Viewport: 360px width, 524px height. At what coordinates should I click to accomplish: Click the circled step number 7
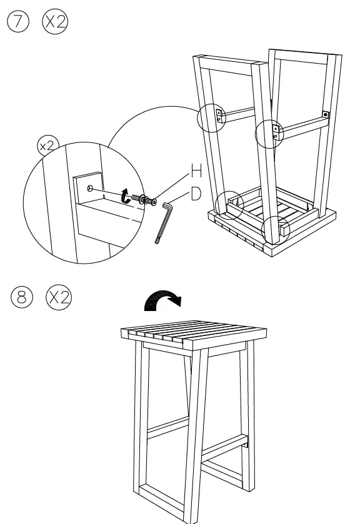[18, 22]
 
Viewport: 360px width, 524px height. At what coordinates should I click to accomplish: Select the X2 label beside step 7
[55, 22]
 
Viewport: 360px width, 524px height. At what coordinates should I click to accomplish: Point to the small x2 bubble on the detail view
[46, 146]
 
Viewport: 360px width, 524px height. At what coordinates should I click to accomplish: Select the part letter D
[196, 194]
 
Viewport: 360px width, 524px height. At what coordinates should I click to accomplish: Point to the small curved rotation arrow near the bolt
[126, 197]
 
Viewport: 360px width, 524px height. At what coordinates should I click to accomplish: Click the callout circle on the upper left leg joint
[211, 117]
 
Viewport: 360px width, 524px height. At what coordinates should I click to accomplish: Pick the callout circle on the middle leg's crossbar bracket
[269, 132]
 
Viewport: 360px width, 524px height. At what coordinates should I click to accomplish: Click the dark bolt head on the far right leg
[326, 115]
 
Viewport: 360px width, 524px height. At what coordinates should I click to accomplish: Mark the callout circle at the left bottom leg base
[227, 205]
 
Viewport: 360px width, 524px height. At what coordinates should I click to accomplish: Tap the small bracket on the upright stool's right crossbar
[247, 444]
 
